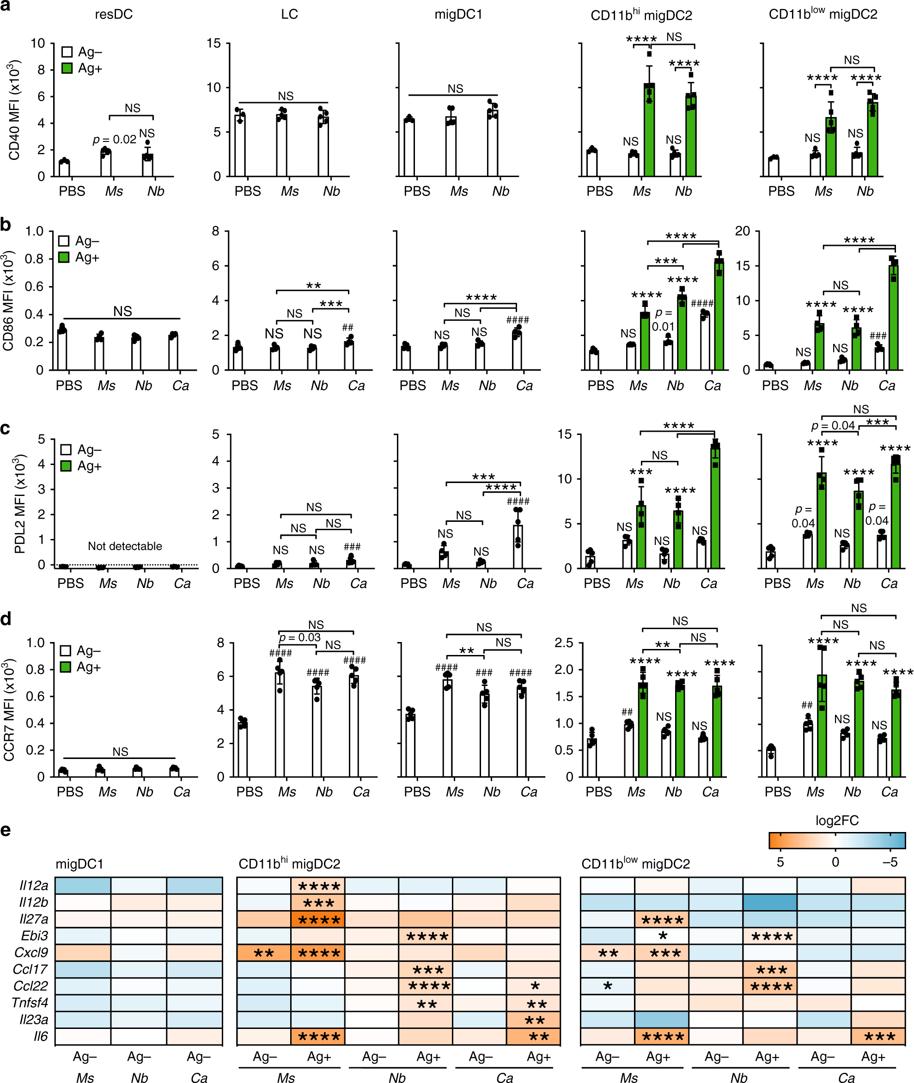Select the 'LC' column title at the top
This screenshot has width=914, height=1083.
pos(289,14)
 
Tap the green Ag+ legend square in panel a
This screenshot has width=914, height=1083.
pos(67,68)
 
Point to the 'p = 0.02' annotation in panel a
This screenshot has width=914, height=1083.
pos(114,140)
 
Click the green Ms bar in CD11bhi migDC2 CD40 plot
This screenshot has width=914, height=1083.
pos(649,129)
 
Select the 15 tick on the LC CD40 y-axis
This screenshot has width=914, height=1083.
pos(213,43)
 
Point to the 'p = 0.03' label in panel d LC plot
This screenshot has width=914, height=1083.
pos(299,637)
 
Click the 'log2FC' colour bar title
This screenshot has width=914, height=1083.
pos(837,820)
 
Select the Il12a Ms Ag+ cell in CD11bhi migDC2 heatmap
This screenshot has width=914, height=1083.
pos(317,886)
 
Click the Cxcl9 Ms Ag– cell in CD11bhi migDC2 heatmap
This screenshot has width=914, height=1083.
pos(263,952)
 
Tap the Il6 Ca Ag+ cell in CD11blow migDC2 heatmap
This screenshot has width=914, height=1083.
pos(878,1036)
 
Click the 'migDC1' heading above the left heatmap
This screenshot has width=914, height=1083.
pos(79,864)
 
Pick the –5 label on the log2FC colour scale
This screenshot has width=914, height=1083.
pos(890,862)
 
